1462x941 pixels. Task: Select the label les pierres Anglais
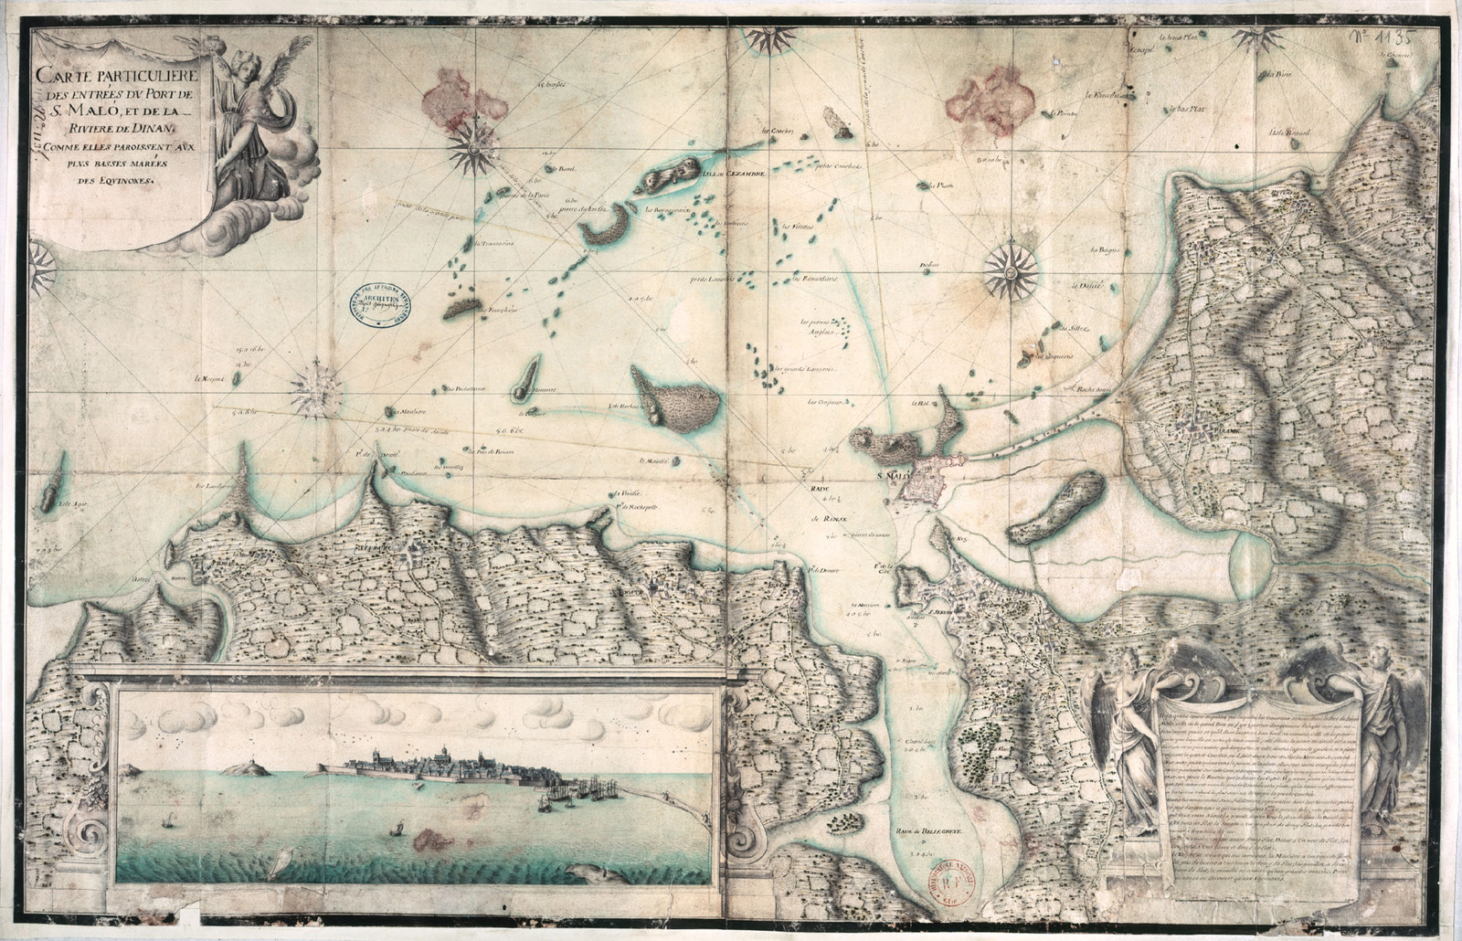pos(820,327)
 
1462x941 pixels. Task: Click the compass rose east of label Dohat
pos(1012,270)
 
